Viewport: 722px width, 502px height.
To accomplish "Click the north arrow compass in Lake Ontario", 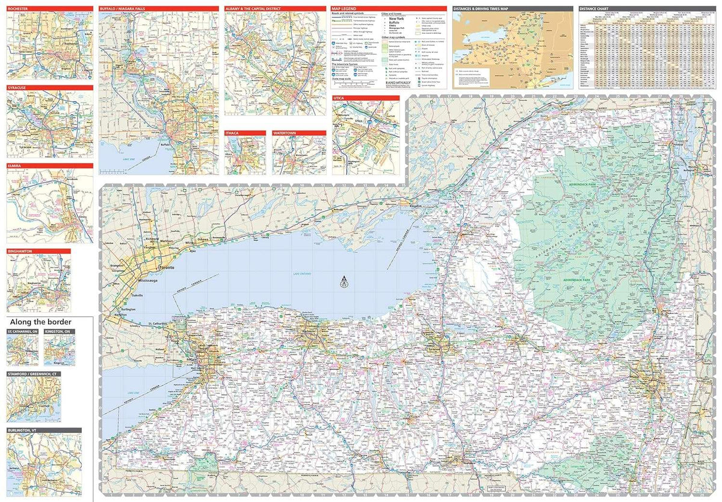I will coord(344,282).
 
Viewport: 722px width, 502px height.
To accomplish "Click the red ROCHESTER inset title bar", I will coord(50,9).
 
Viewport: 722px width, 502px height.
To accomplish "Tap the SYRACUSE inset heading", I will coord(50,88).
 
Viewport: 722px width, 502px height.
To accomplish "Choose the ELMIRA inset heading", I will coord(50,166).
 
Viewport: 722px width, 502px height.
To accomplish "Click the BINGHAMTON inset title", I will coord(39,251).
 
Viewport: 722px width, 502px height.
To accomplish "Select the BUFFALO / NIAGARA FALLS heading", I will coord(159,9).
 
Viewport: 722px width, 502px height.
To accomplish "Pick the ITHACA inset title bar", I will coord(245,133).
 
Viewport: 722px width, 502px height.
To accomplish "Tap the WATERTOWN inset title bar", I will coord(299,133).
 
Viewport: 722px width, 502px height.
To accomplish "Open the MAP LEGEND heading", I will coord(388,9).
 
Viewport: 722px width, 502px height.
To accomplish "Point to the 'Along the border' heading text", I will coord(40,322).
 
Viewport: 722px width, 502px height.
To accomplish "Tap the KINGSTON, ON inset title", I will coord(59,332).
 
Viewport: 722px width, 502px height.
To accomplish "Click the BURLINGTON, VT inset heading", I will coord(43,430).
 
